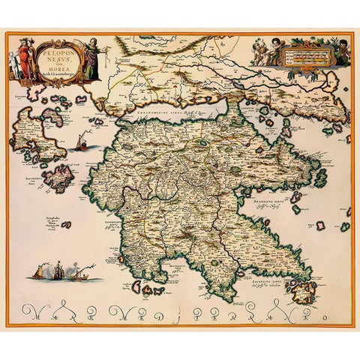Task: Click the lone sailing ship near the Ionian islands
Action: click(x=82, y=141)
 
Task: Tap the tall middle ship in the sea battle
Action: click(x=58, y=269)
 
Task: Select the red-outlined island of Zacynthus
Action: click(x=57, y=178)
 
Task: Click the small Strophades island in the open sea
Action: click(x=66, y=224)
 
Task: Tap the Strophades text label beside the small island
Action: click(x=43, y=224)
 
